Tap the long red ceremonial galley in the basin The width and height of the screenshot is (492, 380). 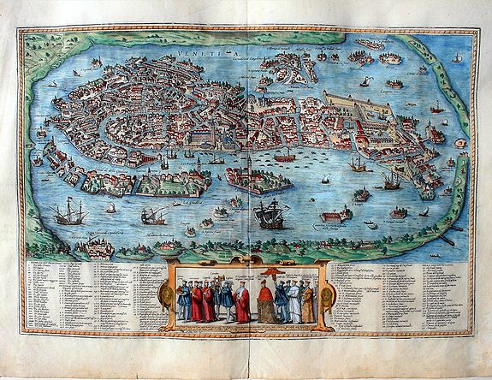[x=285, y=158]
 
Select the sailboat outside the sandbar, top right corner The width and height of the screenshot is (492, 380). [x=458, y=57]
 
